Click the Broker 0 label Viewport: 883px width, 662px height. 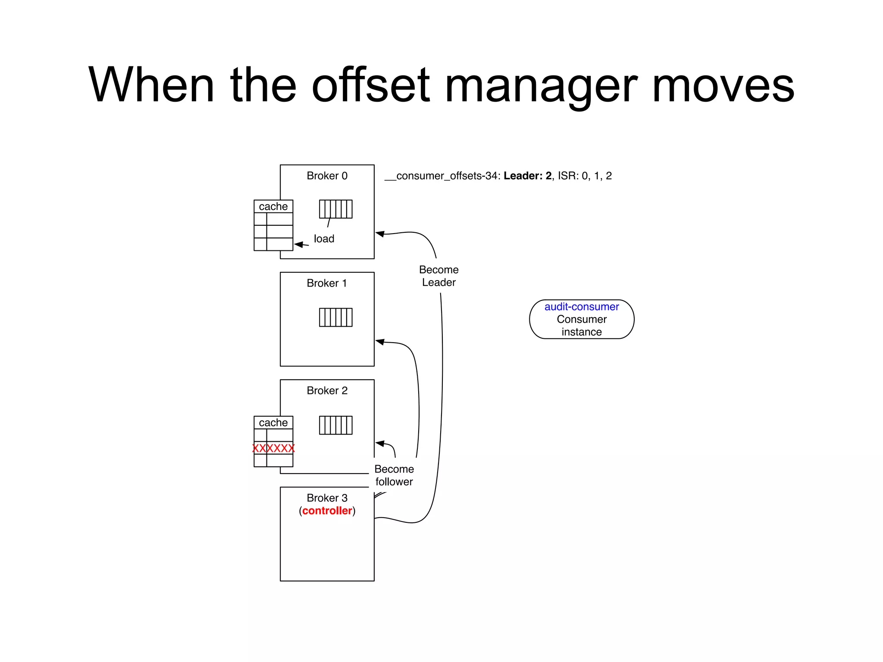point(327,176)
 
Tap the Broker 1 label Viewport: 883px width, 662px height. point(327,283)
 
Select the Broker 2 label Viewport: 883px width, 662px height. point(327,390)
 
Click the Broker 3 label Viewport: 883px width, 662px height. point(327,498)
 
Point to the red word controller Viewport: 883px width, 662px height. point(327,511)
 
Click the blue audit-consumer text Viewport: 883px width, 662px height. point(581,307)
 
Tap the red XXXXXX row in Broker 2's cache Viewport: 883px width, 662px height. point(273,448)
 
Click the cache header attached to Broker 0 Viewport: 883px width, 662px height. point(273,206)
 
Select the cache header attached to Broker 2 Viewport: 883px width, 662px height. point(273,423)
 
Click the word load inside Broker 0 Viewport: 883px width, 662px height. point(324,239)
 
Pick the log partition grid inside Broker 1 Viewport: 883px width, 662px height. point(335,317)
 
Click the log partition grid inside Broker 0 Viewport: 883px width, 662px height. point(335,209)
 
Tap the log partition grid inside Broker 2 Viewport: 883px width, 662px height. point(335,425)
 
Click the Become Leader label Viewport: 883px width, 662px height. point(438,276)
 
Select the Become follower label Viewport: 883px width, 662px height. point(394,475)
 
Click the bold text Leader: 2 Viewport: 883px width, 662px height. point(527,176)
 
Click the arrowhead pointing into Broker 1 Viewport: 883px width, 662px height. point(380,342)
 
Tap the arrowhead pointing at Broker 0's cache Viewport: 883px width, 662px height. point(299,244)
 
